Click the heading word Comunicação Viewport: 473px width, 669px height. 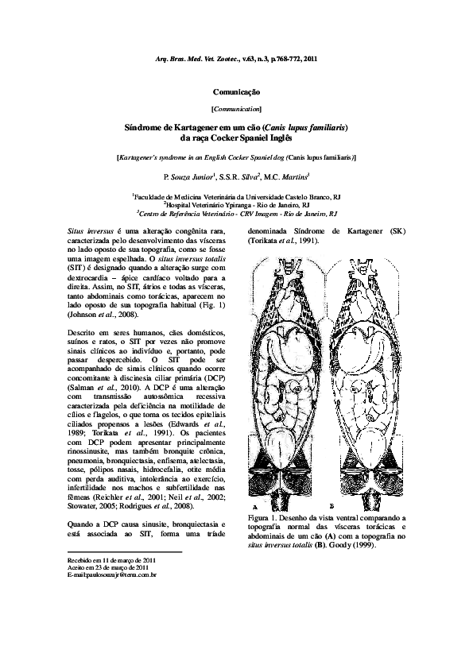(236, 93)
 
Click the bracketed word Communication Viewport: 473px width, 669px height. (236, 108)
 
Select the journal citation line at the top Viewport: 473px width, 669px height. (236, 60)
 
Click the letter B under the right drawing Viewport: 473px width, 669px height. (330, 506)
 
